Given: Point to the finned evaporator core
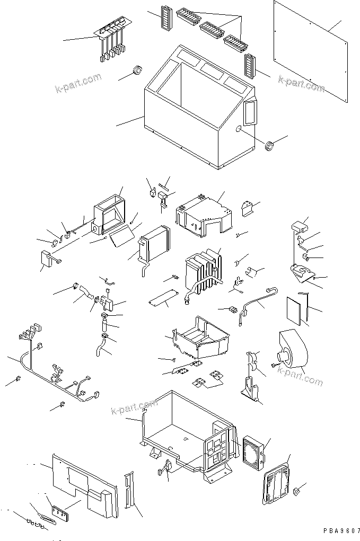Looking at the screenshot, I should click(x=201, y=270).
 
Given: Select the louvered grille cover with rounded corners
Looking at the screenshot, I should click(x=277, y=480).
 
